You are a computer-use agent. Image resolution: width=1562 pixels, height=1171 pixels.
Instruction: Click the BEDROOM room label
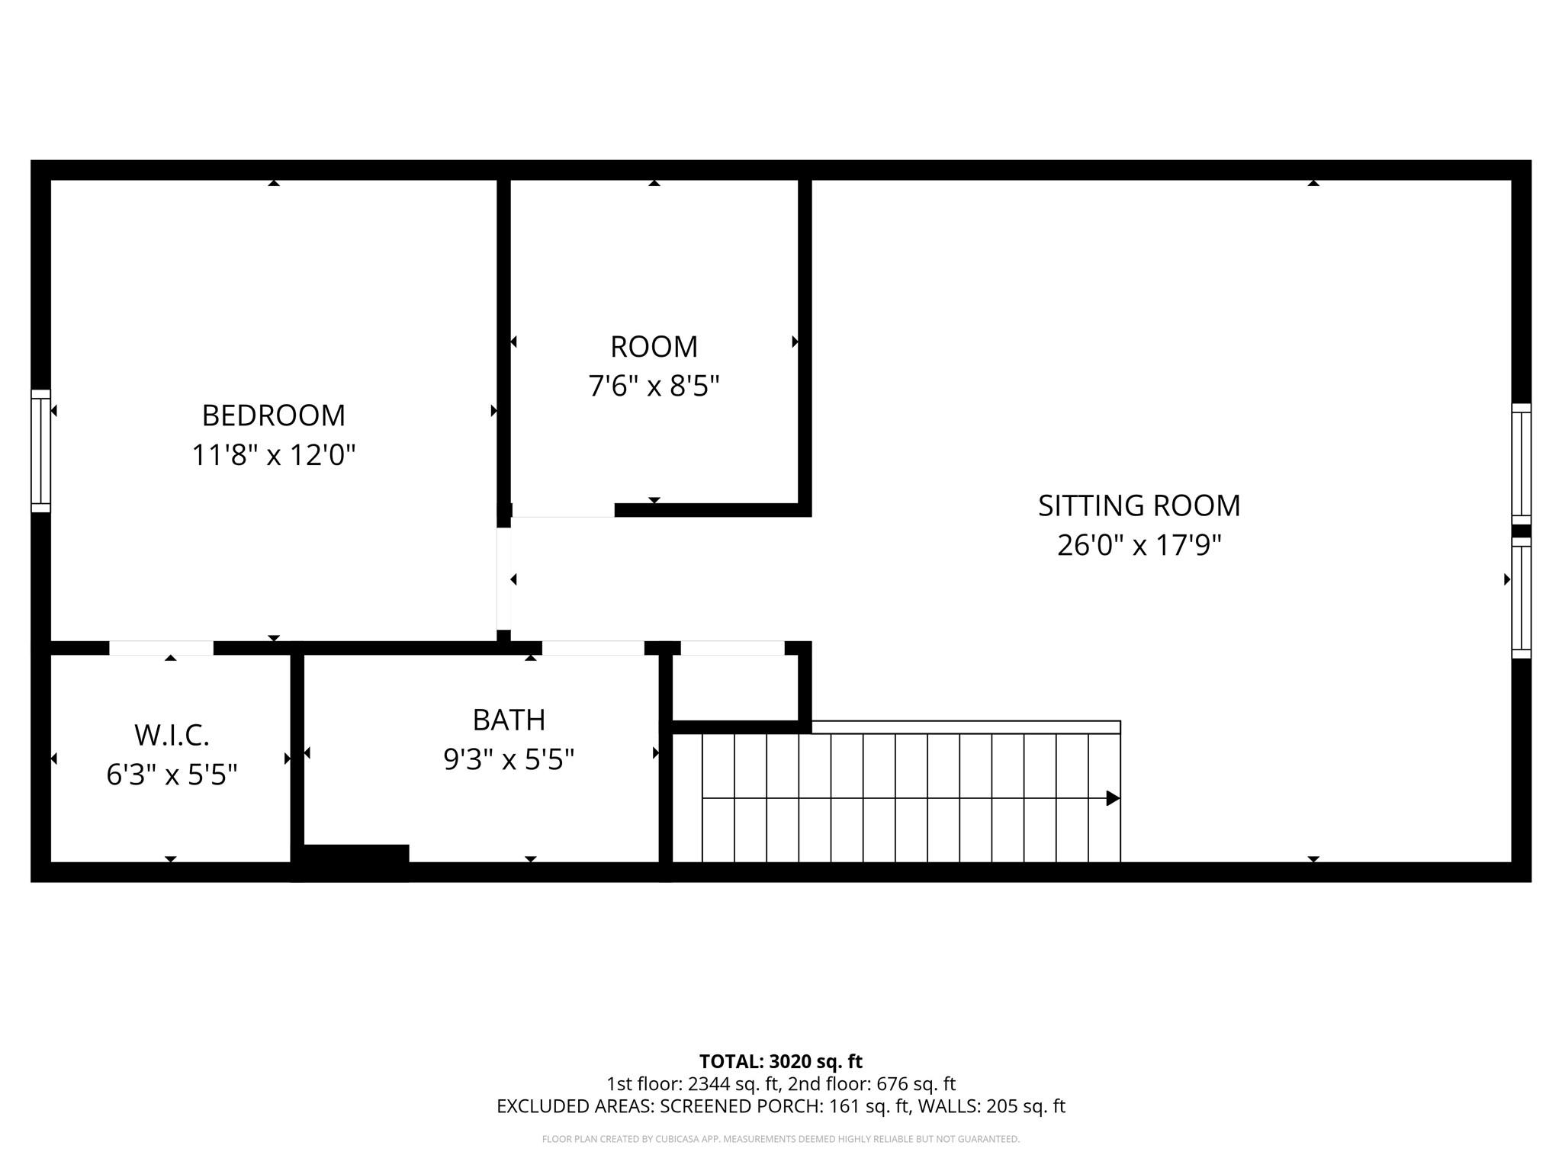coord(273,415)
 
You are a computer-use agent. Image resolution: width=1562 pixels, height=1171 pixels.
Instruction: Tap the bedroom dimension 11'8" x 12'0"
coord(273,456)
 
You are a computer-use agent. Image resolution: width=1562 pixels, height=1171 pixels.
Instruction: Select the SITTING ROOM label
coord(1139,506)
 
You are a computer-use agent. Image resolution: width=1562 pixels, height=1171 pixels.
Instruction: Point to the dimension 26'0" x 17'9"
coord(1139,546)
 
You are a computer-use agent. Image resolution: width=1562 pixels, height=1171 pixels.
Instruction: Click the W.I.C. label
coord(172,736)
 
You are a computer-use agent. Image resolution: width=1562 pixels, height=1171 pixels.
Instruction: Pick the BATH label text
coord(509,720)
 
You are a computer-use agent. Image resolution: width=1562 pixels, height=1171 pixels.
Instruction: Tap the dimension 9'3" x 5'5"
coord(509,759)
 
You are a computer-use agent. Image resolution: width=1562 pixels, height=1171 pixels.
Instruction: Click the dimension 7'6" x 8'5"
coord(654,387)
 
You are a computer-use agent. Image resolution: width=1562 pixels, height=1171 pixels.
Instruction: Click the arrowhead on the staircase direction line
coord(1113,798)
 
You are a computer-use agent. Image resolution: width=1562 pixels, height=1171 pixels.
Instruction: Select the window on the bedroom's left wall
coord(40,451)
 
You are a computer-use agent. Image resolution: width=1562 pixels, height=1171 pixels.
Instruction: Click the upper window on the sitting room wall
coord(1521,464)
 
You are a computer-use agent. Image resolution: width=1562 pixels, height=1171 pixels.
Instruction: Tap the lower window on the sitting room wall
coord(1521,598)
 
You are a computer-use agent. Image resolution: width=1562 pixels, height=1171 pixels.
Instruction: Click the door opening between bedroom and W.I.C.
coord(161,648)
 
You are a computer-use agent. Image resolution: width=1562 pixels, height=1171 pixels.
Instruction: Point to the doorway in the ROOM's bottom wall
coord(563,510)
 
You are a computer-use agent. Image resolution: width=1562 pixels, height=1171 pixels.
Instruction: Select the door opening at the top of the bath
coord(593,648)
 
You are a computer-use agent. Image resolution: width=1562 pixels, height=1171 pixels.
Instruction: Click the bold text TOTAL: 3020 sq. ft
coord(780,1061)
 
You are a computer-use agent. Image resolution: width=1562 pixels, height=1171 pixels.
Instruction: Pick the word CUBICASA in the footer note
coord(676,1139)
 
